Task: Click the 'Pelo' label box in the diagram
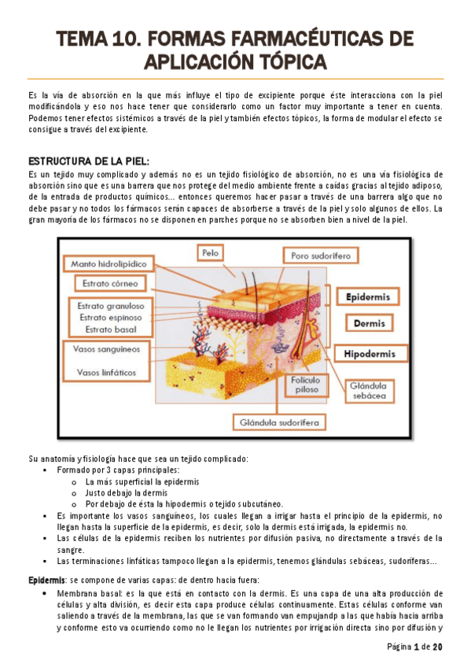[x=210, y=254]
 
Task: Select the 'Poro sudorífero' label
[x=320, y=256]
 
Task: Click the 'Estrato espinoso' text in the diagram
[x=110, y=317]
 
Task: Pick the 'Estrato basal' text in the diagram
[x=110, y=329]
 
